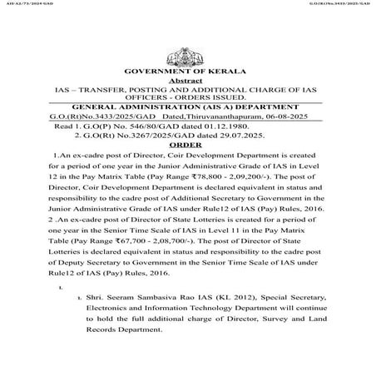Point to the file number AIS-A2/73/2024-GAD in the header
[x=25, y=4]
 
